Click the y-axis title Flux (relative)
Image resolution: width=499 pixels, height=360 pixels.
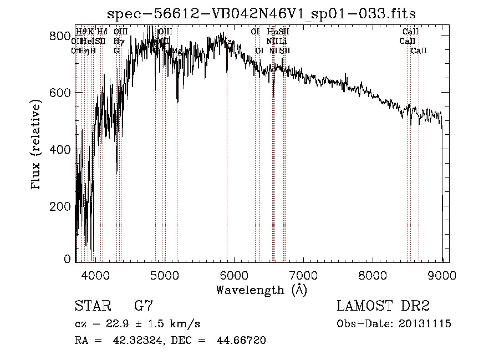(x=37, y=145)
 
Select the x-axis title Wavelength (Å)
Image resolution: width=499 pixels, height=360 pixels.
(x=261, y=290)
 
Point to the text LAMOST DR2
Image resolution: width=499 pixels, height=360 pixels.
(x=383, y=306)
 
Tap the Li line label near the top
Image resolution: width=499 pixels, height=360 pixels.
(x=283, y=41)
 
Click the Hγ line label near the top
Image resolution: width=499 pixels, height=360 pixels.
(x=118, y=41)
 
